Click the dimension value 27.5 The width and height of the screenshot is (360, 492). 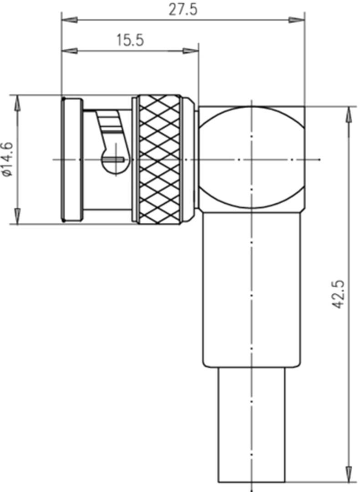(x=183, y=10)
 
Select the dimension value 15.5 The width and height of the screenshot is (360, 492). (x=129, y=40)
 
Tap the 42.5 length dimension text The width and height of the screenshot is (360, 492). (x=338, y=295)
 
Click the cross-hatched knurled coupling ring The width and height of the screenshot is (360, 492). (x=159, y=159)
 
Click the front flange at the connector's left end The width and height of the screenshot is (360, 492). (x=72, y=159)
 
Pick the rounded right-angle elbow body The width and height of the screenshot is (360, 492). (x=252, y=159)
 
